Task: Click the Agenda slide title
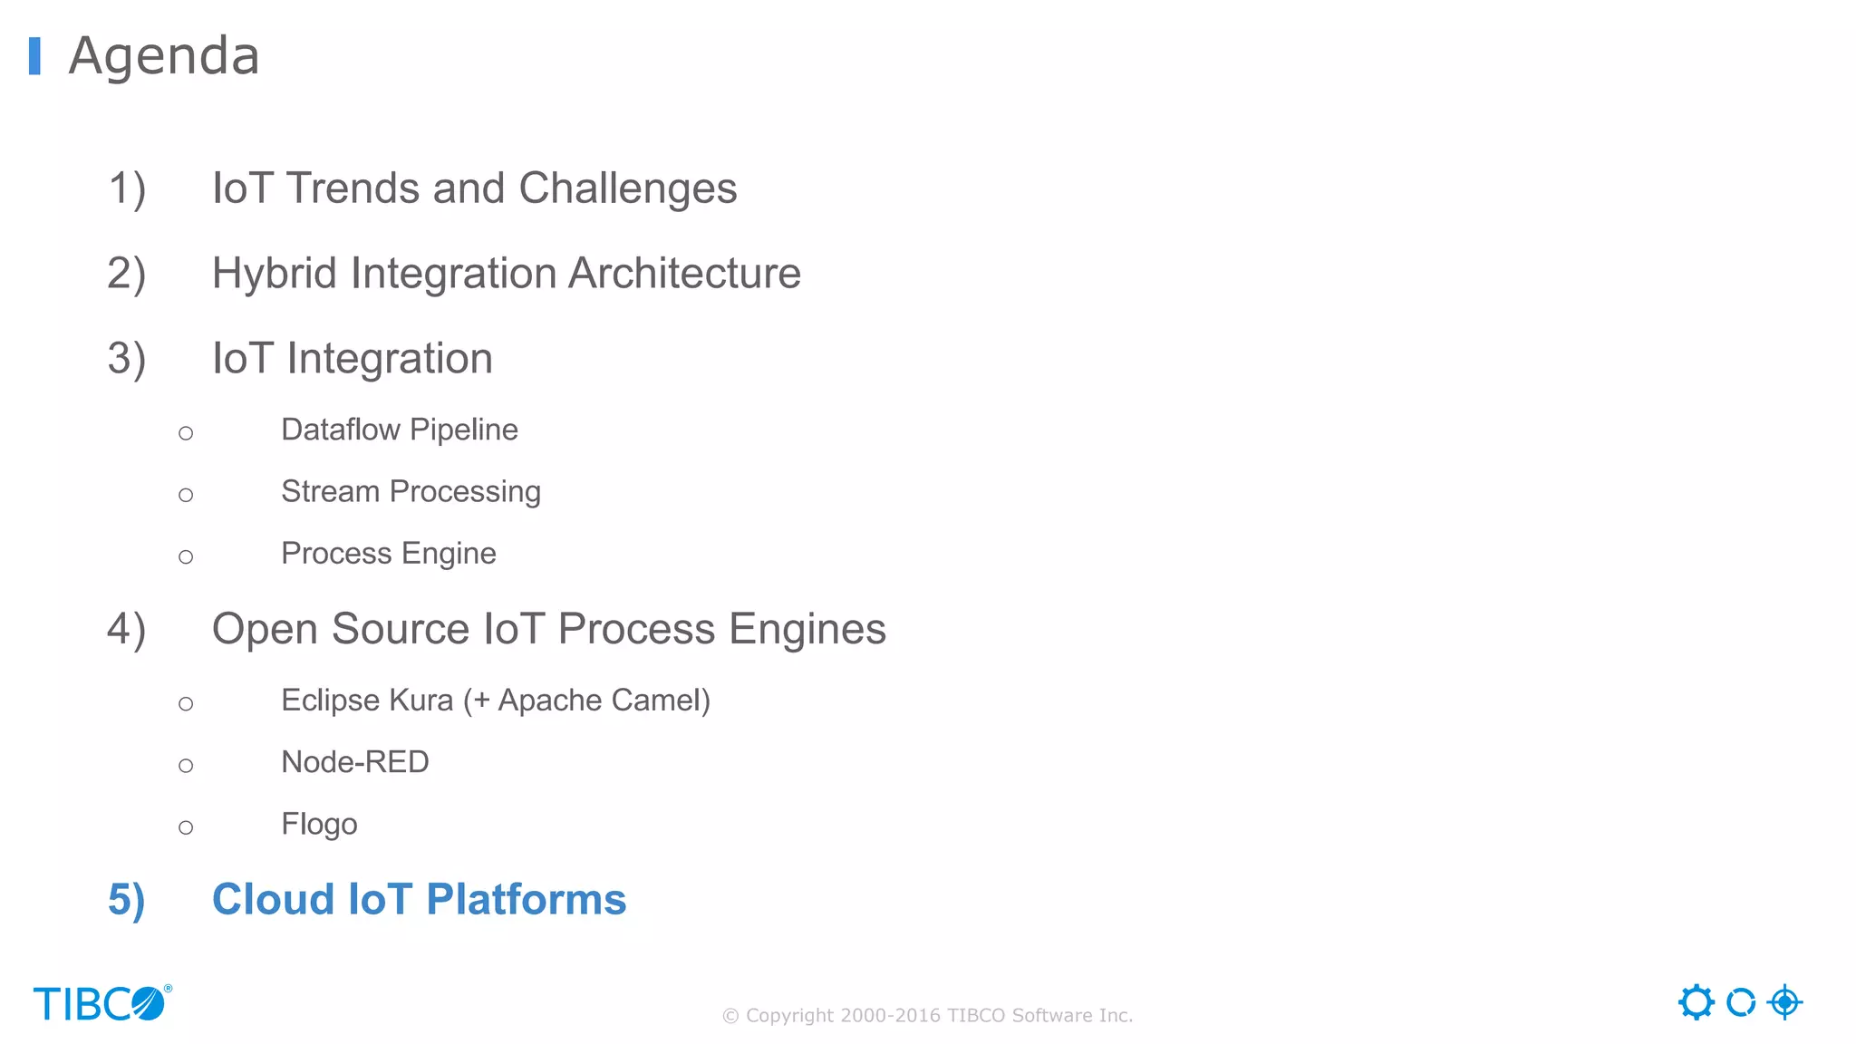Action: pyautogui.click(x=164, y=56)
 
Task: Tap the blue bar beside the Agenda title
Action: pyautogui.click(x=34, y=56)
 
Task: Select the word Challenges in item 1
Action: pyautogui.click(x=627, y=189)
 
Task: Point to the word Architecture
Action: pyautogui.click(x=684, y=274)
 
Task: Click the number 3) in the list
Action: pyautogui.click(x=126, y=359)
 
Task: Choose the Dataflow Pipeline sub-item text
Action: pyautogui.click(x=399, y=430)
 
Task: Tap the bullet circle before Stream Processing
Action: pyautogui.click(x=186, y=495)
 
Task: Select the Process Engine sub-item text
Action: pyautogui.click(x=388, y=553)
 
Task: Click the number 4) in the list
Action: pyautogui.click(x=126, y=630)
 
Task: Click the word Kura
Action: pyautogui.click(x=420, y=701)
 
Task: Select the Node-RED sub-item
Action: pyautogui.click(x=354, y=762)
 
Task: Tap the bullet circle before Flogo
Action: pyautogui.click(x=186, y=827)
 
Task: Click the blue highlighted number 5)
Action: pyautogui.click(x=126, y=900)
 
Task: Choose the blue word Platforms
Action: pyautogui.click(x=526, y=900)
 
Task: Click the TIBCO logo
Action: pyautogui.click(x=101, y=1003)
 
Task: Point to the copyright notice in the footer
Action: pyautogui.click(x=927, y=1015)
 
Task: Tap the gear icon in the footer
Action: pyautogui.click(x=1696, y=1002)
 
